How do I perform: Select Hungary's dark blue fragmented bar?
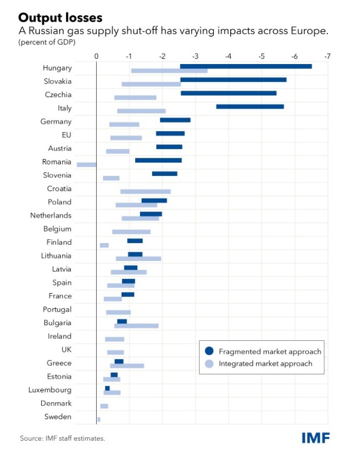click(245, 66)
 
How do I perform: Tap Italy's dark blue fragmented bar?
click(250, 106)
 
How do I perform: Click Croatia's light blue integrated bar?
click(145, 192)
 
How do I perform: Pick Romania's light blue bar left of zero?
click(86, 164)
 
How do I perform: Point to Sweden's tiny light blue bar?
click(98, 420)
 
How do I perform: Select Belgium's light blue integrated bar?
click(131, 232)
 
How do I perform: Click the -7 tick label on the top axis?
click(327, 56)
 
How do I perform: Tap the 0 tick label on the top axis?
click(96, 56)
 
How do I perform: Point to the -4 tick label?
click(228, 56)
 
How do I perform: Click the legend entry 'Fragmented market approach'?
click(270, 351)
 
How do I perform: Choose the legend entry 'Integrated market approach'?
click(266, 364)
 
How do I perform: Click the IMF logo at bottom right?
click(315, 437)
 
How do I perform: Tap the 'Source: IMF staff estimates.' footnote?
click(62, 438)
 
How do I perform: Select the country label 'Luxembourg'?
click(50, 390)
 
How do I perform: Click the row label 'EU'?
click(66, 135)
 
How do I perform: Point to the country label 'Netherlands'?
click(50, 215)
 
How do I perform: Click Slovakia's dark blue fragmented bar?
click(233, 80)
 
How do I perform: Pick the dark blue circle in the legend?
click(209, 351)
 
